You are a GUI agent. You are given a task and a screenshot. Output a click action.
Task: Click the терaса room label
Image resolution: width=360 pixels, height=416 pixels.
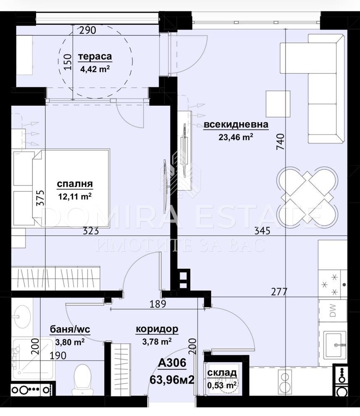point(95,57)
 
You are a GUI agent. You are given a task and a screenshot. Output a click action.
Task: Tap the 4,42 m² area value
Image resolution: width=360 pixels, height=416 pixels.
point(95,69)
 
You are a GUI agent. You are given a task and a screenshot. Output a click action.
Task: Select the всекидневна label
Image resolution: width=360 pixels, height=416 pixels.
point(236,124)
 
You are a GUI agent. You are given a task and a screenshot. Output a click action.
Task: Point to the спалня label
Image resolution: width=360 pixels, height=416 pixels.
point(75,184)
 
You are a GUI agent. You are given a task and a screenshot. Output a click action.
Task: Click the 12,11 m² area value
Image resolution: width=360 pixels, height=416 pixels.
point(75,197)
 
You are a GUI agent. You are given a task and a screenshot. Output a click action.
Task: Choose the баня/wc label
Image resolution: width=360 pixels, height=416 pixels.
point(70,329)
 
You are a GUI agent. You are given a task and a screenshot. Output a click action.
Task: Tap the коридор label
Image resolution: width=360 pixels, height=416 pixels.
point(157,329)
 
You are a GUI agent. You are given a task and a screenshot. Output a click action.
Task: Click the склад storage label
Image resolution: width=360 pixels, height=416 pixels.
point(222,373)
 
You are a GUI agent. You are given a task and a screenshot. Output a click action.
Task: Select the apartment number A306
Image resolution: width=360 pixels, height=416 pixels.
point(172,363)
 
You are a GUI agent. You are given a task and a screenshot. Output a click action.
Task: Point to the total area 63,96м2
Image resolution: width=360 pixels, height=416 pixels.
point(172,380)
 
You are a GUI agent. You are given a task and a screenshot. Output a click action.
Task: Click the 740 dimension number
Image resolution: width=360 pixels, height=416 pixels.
point(280,142)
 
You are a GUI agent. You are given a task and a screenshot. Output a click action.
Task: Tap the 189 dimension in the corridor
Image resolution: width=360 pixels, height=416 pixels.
point(158,304)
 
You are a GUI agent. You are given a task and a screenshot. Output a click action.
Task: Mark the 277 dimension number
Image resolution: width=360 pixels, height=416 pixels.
point(279,292)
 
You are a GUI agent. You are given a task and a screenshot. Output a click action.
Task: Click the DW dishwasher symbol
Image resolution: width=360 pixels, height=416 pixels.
point(333,310)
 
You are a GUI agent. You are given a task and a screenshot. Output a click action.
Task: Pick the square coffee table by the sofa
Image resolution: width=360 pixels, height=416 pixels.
point(278,104)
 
